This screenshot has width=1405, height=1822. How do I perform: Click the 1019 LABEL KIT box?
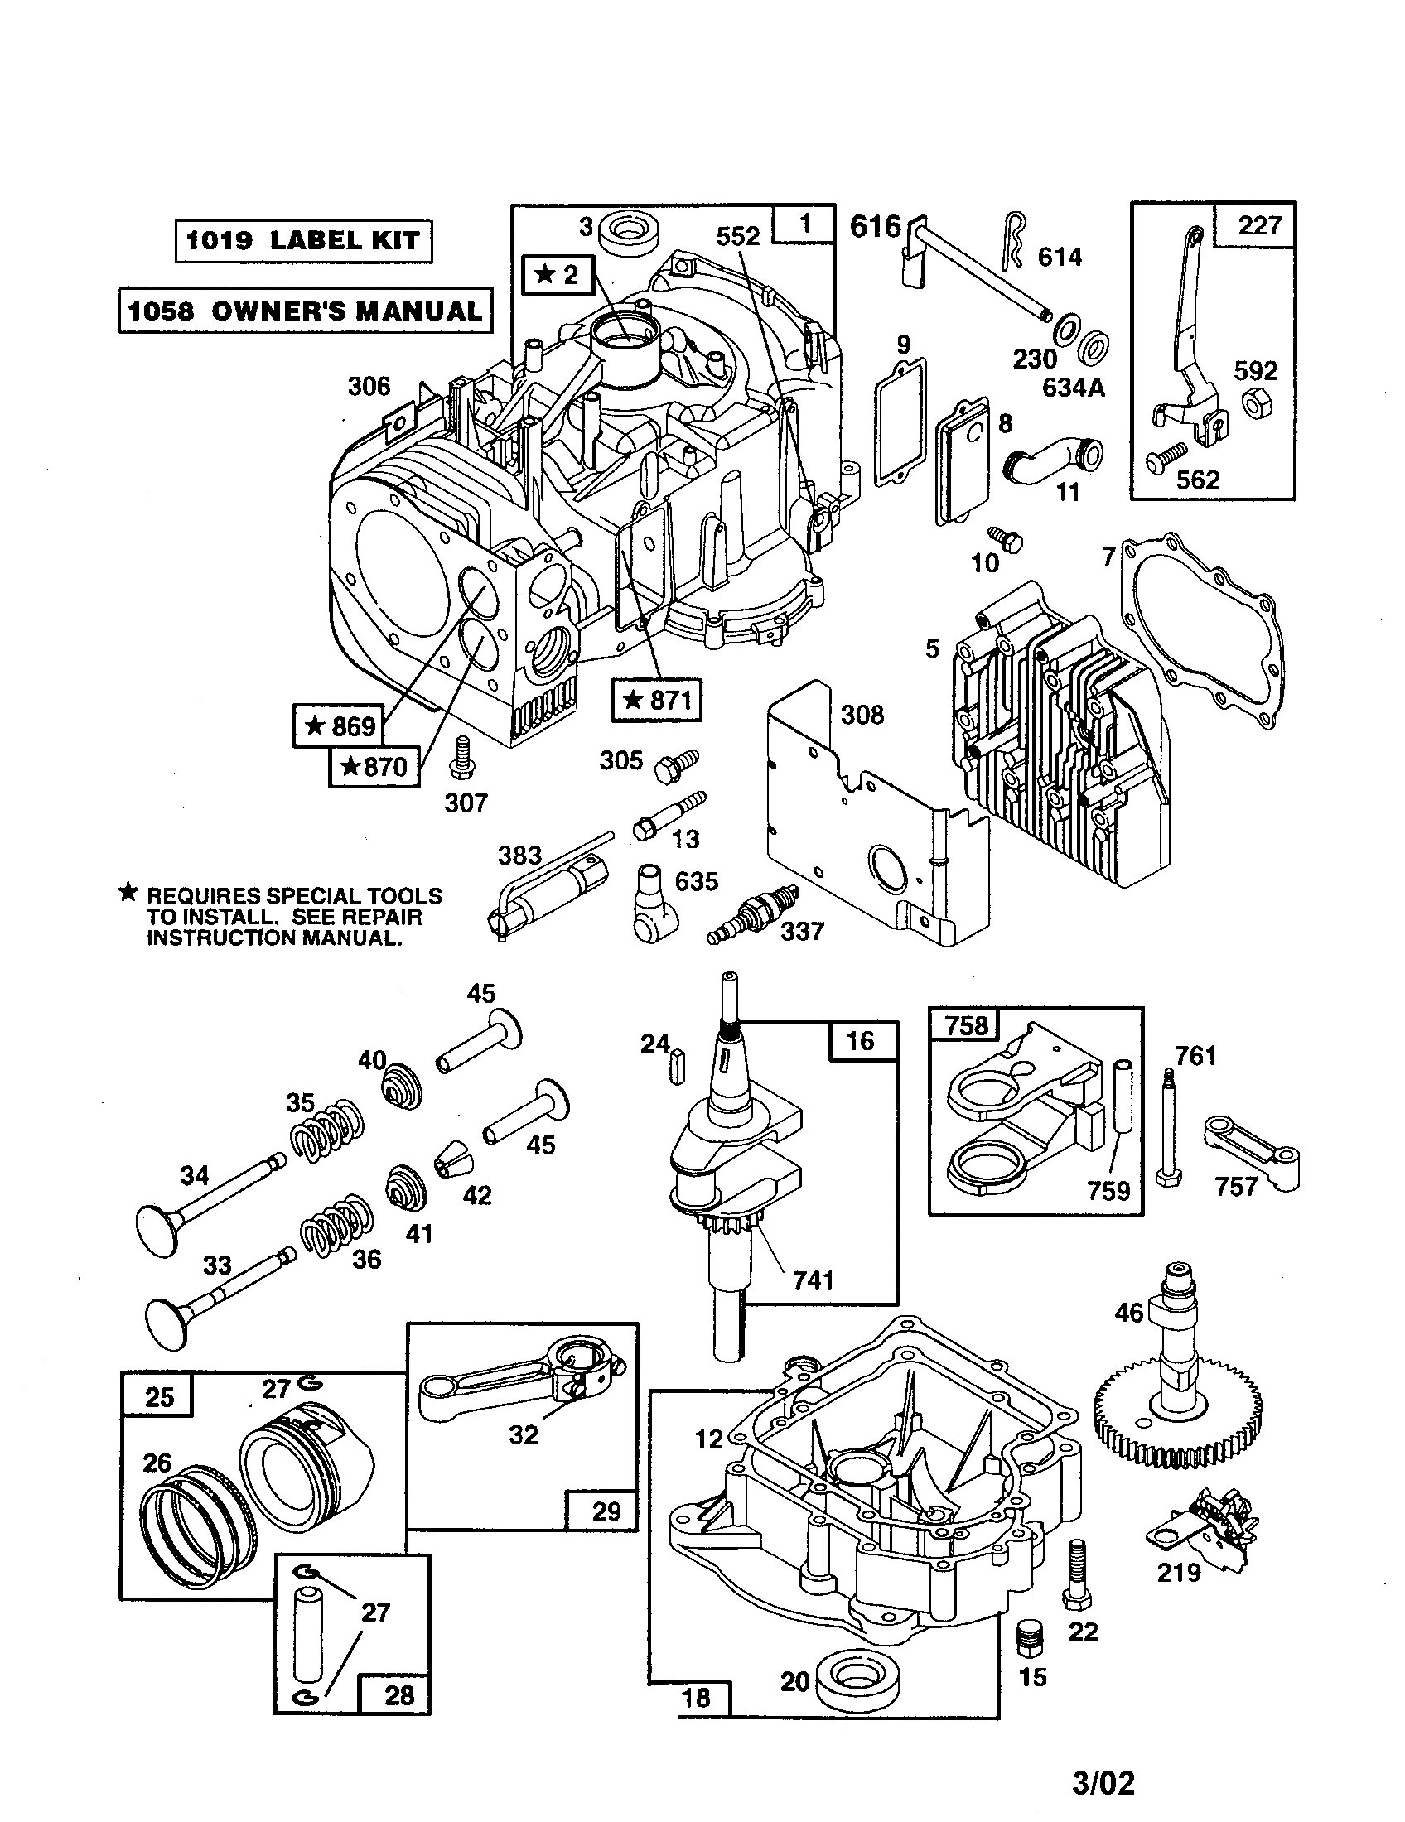pyautogui.click(x=303, y=241)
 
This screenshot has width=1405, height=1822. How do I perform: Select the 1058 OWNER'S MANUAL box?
pyautogui.click(x=306, y=311)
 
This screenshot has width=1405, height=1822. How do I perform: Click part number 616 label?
pyautogui.click(x=874, y=226)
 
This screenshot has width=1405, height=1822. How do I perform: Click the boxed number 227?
pyautogui.click(x=1260, y=225)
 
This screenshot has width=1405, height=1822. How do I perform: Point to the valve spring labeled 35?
pyautogui.click(x=328, y=1132)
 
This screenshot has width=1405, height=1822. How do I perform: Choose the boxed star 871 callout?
pyautogui.click(x=657, y=700)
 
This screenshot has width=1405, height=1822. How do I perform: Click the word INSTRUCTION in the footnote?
pyautogui.click(x=220, y=938)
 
